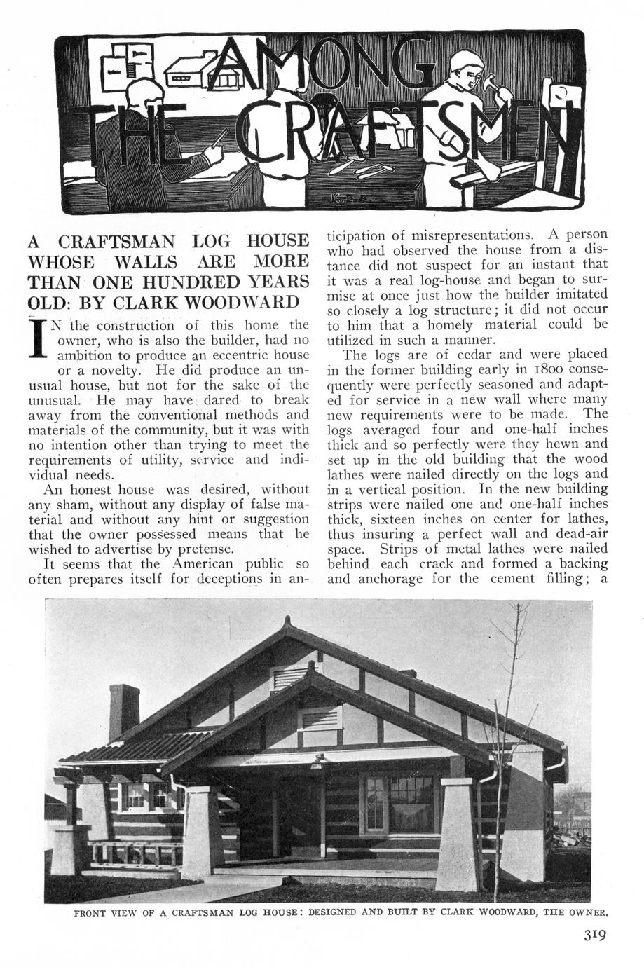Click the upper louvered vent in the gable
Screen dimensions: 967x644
(287, 677)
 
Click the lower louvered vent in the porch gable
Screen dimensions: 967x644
(320, 718)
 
